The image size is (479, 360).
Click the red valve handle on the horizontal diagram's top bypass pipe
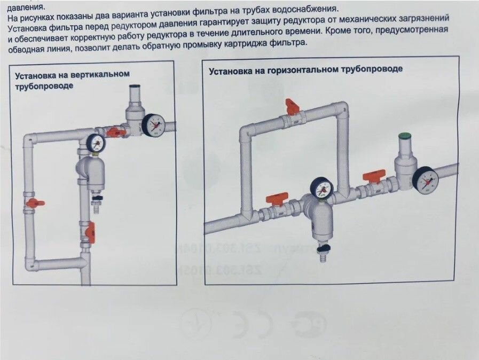coord(292,106)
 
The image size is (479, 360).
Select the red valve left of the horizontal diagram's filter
coord(277,199)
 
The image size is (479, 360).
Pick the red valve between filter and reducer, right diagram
coord(374,177)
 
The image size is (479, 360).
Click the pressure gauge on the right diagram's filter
coord(321,188)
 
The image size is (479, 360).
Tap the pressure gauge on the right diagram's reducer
coord(426,180)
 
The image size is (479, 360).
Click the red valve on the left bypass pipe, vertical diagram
coord(35,202)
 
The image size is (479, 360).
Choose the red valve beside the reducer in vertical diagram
coord(114,131)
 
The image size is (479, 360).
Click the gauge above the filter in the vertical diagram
coord(96,143)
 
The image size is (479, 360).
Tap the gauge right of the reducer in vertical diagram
coord(154,124)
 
